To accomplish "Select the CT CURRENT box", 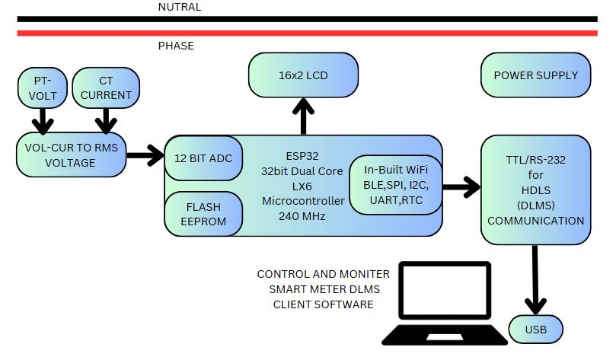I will tap(106, 88).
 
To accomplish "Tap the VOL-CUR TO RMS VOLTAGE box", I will tap(71, 155).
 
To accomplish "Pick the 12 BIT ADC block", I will tap(203, 158).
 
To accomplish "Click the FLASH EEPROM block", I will tap(203, 213).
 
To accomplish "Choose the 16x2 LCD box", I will tap(304, 75).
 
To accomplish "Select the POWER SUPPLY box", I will tap(535, 75).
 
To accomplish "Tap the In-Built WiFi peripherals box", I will tap(394, 185).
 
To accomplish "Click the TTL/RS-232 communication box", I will tap(535, 191).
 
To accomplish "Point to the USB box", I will tap(535, 330).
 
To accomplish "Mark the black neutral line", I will tap(305, 19).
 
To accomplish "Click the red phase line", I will tap(305, 33).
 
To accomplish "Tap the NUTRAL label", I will tap(180, 7).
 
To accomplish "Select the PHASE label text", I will tap(176, 46).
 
